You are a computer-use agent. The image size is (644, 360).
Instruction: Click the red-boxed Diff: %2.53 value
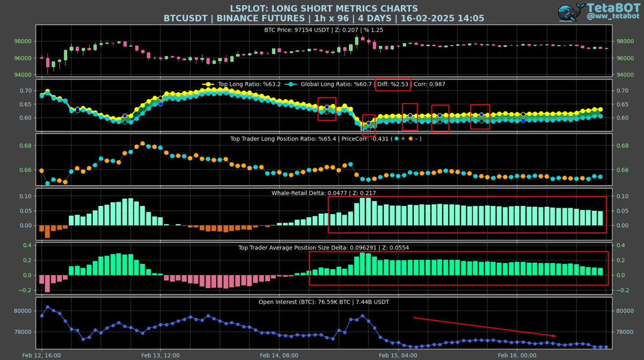[x=393, y=84]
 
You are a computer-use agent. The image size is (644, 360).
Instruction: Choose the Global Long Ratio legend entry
[x=328, y=84]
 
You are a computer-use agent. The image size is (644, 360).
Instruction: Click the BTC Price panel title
[x=324, y=30]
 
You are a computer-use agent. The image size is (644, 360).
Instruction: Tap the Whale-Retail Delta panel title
[x=324, y=193]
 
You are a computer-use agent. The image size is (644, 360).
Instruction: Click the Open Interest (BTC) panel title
[x=324, y=302]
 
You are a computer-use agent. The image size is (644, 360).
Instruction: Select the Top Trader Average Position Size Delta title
[x=324, y=247]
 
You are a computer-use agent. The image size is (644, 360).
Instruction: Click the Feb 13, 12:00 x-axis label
[x=160, y=355]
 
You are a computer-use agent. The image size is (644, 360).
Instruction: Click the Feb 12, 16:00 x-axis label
[x=42, y=355]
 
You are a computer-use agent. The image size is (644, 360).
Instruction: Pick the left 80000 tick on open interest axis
[x=24, y=311]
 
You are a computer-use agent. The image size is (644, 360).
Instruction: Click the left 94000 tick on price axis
[x=24, y=75]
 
